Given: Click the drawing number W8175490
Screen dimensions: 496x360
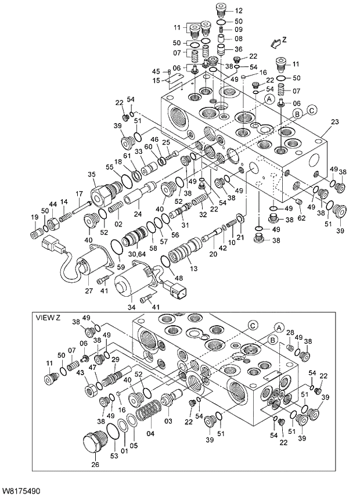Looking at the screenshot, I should pos(21,491).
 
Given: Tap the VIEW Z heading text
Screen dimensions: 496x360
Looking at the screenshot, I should pos(48,318).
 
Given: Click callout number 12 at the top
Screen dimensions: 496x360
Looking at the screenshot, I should pos(239,11).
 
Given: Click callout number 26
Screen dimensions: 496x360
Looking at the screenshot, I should pos(95,464).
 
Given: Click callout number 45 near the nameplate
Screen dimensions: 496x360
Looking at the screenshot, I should pos(156,71).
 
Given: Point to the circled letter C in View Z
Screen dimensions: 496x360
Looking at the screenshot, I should pos(252,325).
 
